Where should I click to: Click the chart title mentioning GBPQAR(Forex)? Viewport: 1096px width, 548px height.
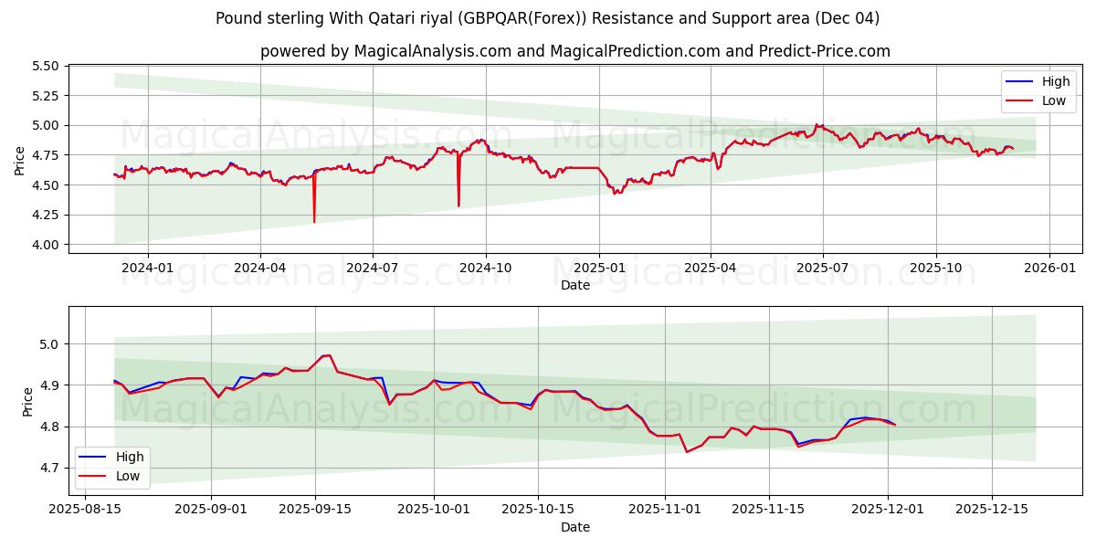pyautogui.click(x=548, y=18)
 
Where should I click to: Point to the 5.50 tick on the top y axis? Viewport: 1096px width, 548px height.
pyautogui.click(x=45, y=66)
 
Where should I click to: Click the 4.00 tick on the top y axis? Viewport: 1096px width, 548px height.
pyautogui.click(x=45, y=245)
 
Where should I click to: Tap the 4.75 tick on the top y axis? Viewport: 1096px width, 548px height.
pyautogui.click(x=45, y=155)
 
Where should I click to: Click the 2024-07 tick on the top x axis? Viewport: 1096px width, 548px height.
pyautogui.click(x=373, y=268)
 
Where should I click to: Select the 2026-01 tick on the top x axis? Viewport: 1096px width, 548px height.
pyautogui.click(x=1049, y=268)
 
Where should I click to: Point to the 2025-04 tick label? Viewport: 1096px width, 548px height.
pyautogui.click(x=711, y=268)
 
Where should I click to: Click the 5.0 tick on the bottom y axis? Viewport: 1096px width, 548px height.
pyautogui.click(x=51, y=344)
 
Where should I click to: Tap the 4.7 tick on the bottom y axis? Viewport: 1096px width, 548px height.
pyautogui.click(x=51, y=468)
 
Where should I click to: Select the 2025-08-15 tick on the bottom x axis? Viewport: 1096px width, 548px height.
pyautogui.click(x=86, y=509)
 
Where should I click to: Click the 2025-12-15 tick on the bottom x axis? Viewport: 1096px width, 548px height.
pyautogui.click(x=992, y=509)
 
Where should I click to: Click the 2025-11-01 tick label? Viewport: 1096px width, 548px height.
pyautogui.click(x=665, y=509)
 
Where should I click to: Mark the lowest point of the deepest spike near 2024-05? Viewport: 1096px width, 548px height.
pyautogui.click(x=314, y=222)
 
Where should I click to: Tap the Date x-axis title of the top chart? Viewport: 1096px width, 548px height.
pyautogui.click(x=575, y=285)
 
